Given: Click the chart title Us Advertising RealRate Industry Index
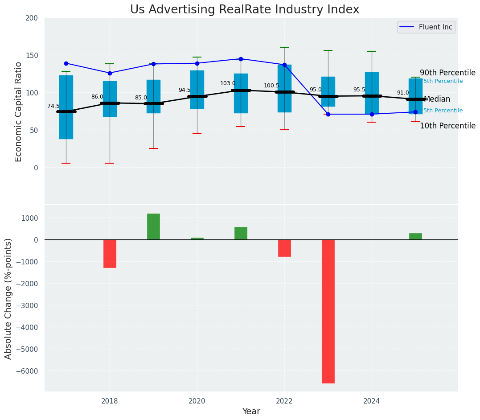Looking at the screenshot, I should pyautogui.click(x=245, y=10).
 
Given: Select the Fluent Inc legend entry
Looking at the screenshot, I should pyautogui.click(x=426, y=27).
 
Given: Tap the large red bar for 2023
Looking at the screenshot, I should pyautogui.click(x=328, y=311).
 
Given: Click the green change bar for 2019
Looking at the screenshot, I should pyautogui.click(x=153, y=226).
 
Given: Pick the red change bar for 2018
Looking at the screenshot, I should pyautogui.click(x=110, y=253).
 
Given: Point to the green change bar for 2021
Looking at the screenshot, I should pyautogui.click(x=241, y=233).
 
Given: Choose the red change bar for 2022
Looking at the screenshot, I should pyautogui.click(x=284, y=248).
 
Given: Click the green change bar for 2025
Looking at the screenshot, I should pyautogui.click(x=415, y=236).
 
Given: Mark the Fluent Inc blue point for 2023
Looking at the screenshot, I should pyautogui.click(x=328, y=114).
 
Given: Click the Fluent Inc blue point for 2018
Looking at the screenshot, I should pyautogui.click(x=110, y=73).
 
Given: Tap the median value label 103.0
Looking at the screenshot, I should pyautogui.click(x=228, y=83).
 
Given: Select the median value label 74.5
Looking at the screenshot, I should pyautogui.click(x=53, y=106).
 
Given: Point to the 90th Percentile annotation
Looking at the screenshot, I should pyautogui.click(x=447, y=73).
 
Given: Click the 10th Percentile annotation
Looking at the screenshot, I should pyautogui.click(x=447, y=126).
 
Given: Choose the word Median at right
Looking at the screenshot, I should pyautogui.click(x=437, y=99).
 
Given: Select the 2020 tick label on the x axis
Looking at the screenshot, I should pyautogui.click(x=197, y=401).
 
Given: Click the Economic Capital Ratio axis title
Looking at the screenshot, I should pyautogui.click(x=19, y=111).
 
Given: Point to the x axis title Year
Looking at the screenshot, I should pyautogui.click(x=251, y=412).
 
